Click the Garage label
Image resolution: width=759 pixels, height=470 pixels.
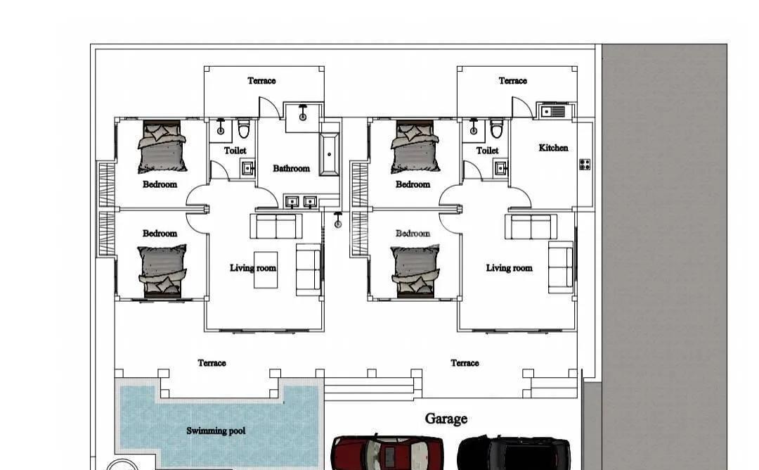click(x=446, y=419)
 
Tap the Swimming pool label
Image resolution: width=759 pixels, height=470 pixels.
click(x=216, y=431)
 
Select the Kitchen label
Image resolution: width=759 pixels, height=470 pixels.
click(x=553, y=148)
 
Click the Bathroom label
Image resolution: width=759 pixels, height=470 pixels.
click(x=291, y=169)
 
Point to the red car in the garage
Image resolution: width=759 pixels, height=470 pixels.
click(x=387, y=452)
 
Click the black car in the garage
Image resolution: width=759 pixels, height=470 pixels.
click(x=514, y=452)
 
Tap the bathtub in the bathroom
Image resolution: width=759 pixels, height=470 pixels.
click(x=330, y=155)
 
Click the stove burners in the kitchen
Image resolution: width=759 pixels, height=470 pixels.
click(x=585, y=165)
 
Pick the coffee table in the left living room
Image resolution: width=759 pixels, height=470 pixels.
click(x=266, y=270)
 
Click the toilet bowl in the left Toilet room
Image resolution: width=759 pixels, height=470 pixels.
click(x=243, y=128)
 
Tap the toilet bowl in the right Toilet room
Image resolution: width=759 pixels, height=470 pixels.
click(x=497, y=128)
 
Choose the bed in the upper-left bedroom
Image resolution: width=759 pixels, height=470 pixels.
click(x=162, y=147)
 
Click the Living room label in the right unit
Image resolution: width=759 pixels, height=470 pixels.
click(x=510, y=268)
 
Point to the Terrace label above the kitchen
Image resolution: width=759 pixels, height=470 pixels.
click(x=512, y=81)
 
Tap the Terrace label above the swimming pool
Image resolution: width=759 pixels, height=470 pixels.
click(x=212, y=363)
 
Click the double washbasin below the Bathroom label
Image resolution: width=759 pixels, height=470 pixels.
click(x=301, y=201)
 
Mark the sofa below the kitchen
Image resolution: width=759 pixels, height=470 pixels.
click(x=531, y=227)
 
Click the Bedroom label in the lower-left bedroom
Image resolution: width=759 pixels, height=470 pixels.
click(x=160, y=234)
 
